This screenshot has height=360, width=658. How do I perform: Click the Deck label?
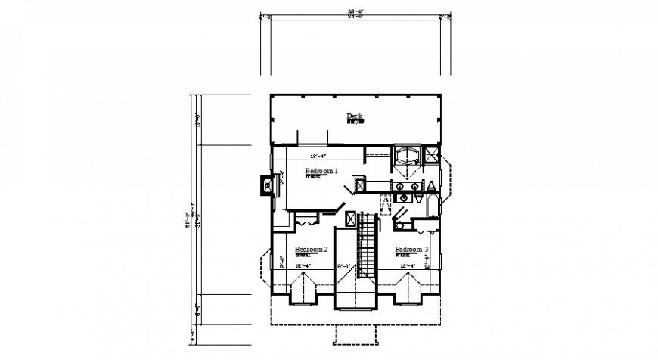click(355, 116)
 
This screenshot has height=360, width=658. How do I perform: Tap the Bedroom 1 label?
click(322, 172)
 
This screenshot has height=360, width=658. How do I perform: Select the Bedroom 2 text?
click(311, 249)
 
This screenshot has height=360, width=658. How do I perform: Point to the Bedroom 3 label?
click(411, 249)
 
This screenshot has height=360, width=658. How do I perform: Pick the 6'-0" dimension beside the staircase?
click(345, 265)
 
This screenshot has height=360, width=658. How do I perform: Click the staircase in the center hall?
click(367, 246)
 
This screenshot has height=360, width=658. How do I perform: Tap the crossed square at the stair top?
click(350, 219)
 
